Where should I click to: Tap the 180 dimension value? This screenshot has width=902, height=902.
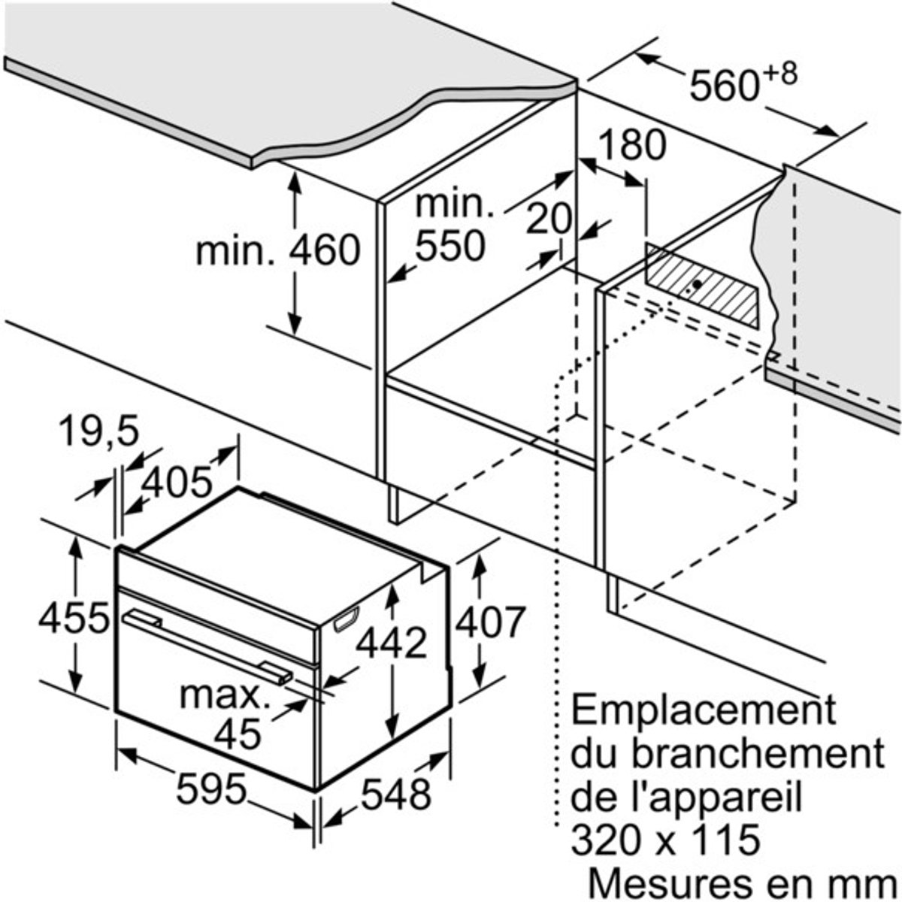(632, 145)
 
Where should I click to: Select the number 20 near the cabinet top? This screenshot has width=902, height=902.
(549, 219)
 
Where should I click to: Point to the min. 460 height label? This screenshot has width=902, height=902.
(278, 250)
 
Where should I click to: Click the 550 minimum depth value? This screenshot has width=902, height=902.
(450, 245)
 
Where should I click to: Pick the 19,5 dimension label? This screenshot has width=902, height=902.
(100, 432)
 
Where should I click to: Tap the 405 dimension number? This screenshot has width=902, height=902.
(177, 482)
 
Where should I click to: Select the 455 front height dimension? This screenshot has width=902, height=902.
(74, 617)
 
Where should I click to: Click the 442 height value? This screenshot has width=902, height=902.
(392, 643)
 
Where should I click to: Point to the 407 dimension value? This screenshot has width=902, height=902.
(491, 622)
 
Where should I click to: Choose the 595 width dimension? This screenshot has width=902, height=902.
(211, 788)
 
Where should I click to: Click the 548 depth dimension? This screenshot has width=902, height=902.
(396, 794)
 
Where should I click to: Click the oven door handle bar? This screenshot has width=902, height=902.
(207, 647)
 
